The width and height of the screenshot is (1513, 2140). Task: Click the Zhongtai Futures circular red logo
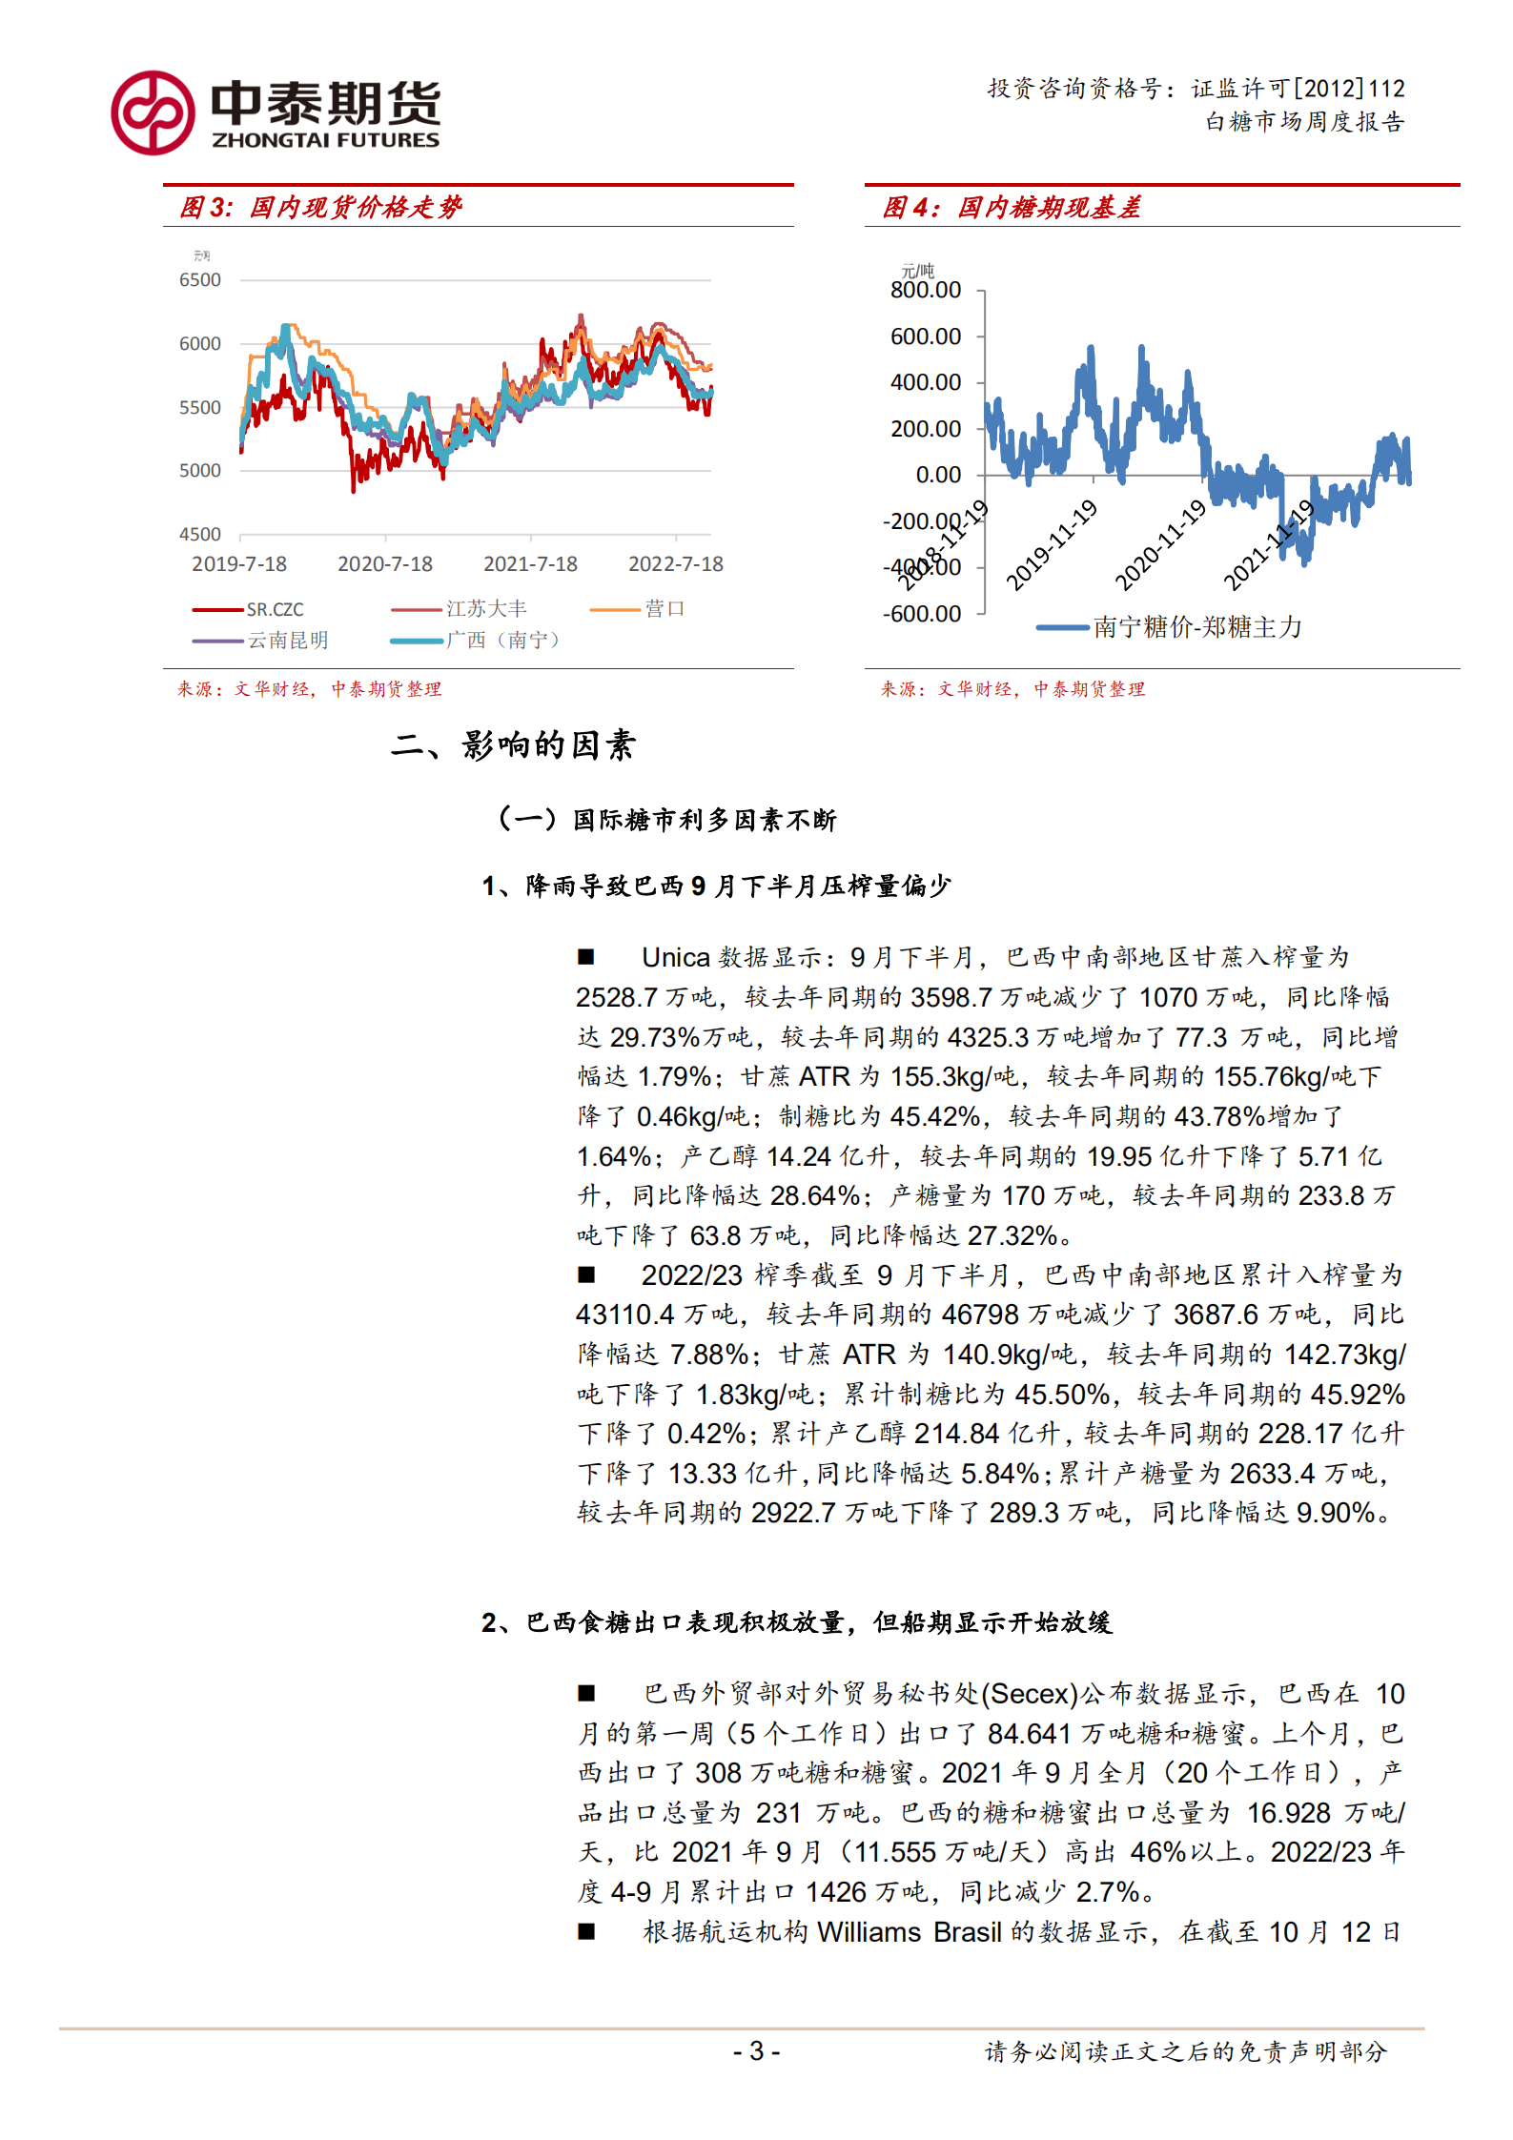coord(153,112)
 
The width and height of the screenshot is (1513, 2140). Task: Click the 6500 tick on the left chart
coord(200,280)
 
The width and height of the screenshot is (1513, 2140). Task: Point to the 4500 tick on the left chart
coord(200,535)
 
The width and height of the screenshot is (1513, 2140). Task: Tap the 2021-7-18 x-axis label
coord(530,564)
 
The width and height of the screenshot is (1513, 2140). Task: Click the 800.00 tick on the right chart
coord(925,291)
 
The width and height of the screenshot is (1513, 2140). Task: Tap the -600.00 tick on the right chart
coord(922,614)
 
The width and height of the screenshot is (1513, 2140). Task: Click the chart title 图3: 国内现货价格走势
coord(321,208)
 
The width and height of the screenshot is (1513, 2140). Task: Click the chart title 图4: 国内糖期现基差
coord(1012,208)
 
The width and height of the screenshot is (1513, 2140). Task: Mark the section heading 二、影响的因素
coord(513,745)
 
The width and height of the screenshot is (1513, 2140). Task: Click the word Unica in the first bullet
coord(675,958)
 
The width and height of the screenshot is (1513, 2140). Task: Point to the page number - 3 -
coord(756,2051)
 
